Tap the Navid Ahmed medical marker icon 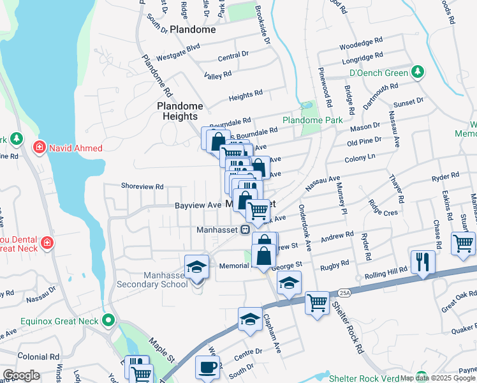(40, 148)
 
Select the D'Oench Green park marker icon (418, 73)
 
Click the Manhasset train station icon (244, 230)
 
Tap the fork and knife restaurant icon (423, 262)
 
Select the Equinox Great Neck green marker (109, 320)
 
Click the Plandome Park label (312, 120)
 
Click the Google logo (21, 375)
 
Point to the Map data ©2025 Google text (437, 378)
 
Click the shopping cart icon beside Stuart (463, 243)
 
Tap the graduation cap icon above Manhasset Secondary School (197, 267)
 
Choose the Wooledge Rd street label (361, 47)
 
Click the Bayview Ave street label (198, 206)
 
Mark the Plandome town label (193, 29)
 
